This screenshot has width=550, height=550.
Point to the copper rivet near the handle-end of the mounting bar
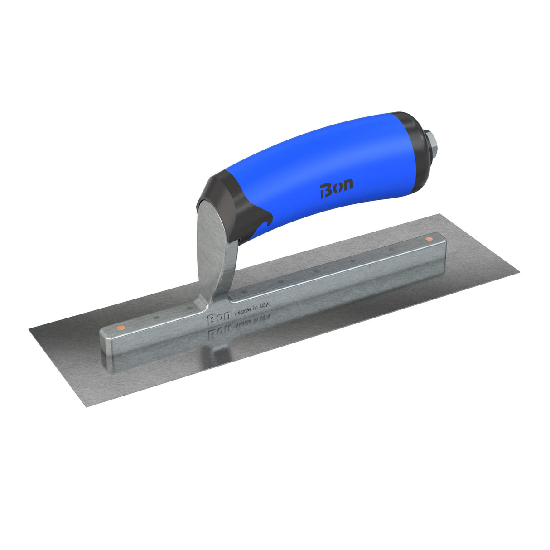point(428,238)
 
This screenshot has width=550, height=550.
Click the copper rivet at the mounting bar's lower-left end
point(119,327)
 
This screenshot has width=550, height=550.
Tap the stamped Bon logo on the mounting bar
point(219,318)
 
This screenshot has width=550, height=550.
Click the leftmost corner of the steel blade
point(30,329)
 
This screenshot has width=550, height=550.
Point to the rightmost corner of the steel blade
point(519,272)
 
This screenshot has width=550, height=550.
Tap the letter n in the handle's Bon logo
point(347,184)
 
